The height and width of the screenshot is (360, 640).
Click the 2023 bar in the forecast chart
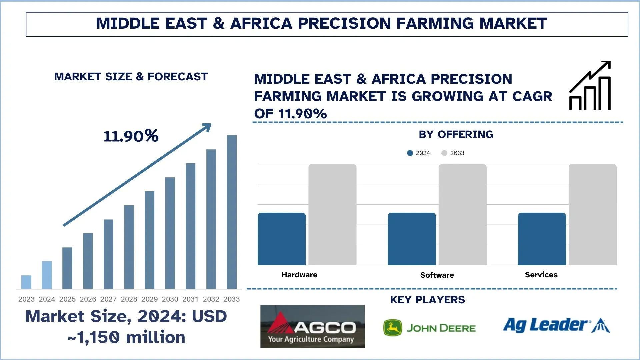[26, 282]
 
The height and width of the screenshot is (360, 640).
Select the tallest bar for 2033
[232, 212]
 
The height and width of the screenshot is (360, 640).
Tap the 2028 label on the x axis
[129, 299]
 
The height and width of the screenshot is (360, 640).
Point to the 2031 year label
[190, 299]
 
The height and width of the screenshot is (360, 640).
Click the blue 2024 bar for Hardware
[282, 239]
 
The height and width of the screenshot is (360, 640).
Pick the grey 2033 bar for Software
[462, 215]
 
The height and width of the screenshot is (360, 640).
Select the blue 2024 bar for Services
[542, 239]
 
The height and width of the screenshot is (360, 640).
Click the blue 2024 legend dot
[410, 153]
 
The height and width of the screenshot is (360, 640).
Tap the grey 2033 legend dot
[444, 153]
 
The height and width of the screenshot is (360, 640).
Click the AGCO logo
[312, 326]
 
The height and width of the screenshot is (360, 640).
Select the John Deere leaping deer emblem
[393, 328]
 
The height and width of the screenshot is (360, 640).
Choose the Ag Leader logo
[556, 325]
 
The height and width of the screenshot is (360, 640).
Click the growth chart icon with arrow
[590, 86]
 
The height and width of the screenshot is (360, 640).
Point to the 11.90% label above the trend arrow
[131, 136]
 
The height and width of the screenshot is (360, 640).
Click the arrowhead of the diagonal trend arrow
[207, 127]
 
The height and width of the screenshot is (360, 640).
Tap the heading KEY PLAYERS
[427, 300]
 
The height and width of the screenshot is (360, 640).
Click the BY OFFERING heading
[456, 134]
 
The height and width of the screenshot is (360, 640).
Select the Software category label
[437, 275]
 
